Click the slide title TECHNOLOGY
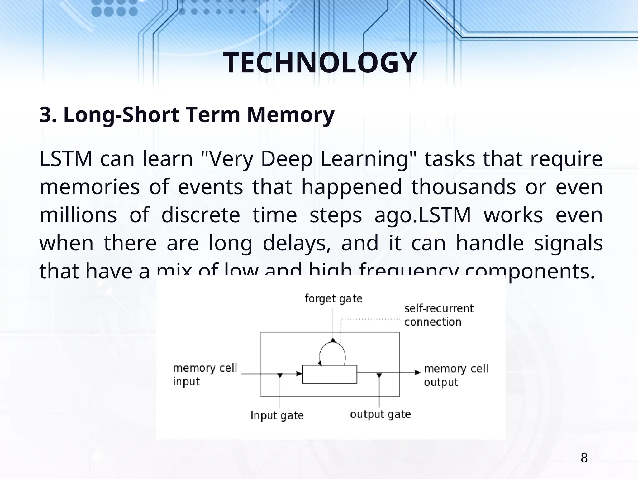coord(320,63)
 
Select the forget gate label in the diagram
coord(333,299)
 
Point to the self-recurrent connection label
coord(439,315)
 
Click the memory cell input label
coord(205,375)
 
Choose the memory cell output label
coord(456,375)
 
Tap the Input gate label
coord(277,415)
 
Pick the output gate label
coord(380,414)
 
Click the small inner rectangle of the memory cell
coord(330,374)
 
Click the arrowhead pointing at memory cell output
coord(417,372)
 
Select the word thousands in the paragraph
coord(463,187)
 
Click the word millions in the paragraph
coord(78,215)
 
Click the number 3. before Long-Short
coord(48,115)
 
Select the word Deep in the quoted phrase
coord(286,159)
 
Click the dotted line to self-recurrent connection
coord(371,319)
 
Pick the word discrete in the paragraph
coord(201,215)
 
